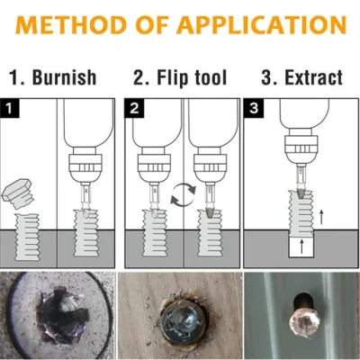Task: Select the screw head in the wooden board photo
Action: tap(177, 318)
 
